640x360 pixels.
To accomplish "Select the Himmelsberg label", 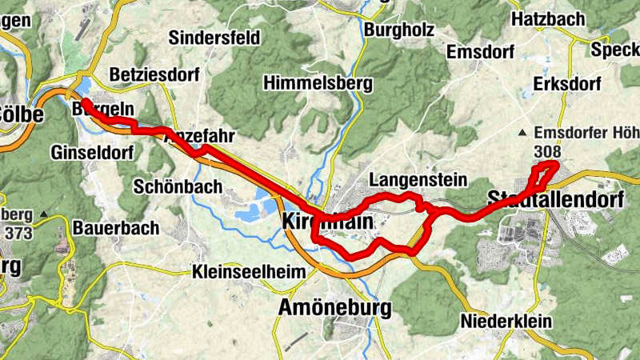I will pos(311,83).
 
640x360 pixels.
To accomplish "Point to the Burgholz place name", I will pos(398,30).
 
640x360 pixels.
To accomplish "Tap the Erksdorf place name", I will pos(567,83).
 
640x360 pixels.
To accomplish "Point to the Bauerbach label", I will pos(116,228).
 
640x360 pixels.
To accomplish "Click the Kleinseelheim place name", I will pos(249,272).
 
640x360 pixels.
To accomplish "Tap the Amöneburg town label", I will pos(334,307).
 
